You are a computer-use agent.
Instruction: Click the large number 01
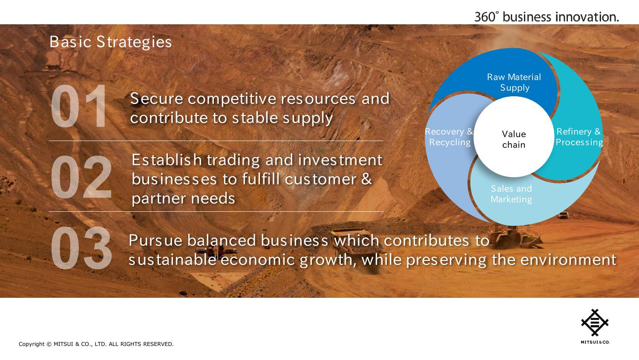[x=79, y=106]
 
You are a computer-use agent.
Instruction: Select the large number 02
[x=81, y=177]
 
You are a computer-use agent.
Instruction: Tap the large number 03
[x=81, y=248]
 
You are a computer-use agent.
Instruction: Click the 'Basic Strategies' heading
[x=111, y=42]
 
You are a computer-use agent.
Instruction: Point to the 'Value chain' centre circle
[x=513, y=137]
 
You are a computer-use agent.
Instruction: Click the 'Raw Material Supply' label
[x=514, y=82]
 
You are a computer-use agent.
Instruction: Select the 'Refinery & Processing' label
[x=579, y=137]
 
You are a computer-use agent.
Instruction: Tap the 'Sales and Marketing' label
[x=511, y=194]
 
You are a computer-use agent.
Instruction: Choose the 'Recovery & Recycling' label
[x=449, y=137]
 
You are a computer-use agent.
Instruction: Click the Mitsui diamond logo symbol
[x=595, y=323]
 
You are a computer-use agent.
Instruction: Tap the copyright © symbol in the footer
[x=49, y=344]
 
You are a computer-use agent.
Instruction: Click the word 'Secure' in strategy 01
[x=157, y=99]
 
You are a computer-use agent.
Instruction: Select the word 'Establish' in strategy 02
[x=167, y=160]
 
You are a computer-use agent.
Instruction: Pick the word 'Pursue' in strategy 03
[x=155, y=240]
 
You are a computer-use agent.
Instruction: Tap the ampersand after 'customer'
[x=366, y=179]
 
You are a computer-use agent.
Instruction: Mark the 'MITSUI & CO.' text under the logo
[x=595, y=342]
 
